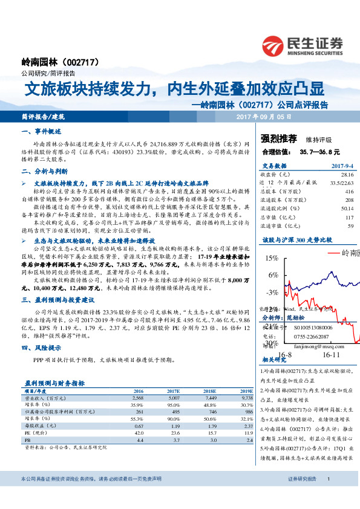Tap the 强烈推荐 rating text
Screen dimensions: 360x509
coord(280,138)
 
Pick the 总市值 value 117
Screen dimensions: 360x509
coord(349,217)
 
